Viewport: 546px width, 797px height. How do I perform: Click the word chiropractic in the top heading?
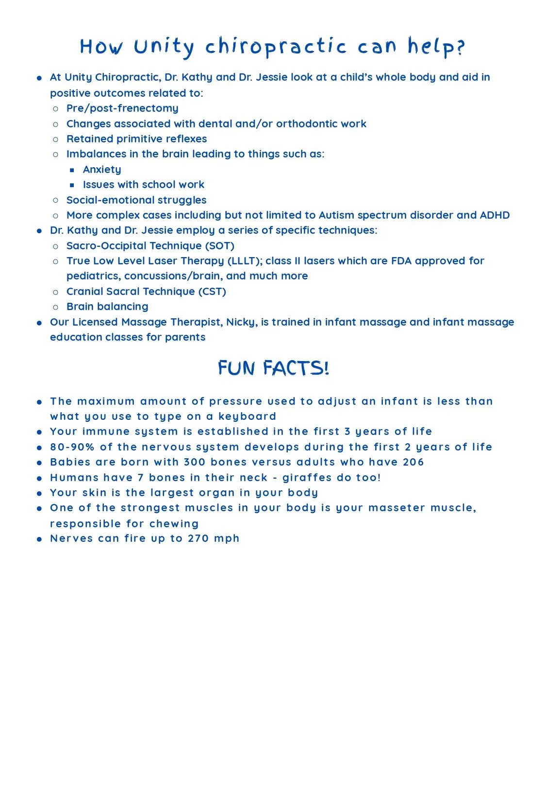click(x=276, y=47)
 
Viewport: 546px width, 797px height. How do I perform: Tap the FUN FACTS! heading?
click(x=274, y=368)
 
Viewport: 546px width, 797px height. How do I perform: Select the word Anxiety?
click(x=102, y=170)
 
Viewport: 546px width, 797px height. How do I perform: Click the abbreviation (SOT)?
click(x=221, y=246)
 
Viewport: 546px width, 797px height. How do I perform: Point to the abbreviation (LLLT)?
click(x=245, y=261)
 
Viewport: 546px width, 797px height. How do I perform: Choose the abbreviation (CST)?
click(x=213, y=292)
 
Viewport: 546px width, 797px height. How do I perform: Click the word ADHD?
click(x=495, y=215)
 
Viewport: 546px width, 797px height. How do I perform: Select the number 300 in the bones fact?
click(x=195, y=462)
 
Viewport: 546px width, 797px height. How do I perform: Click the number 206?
click(x=414, y=462)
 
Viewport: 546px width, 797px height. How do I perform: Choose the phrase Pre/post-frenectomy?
click(x=122, y=108)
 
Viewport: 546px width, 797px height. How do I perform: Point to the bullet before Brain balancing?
click(x=56, y=307)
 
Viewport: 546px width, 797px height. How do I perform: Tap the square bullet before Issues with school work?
click(x=72, y=185)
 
